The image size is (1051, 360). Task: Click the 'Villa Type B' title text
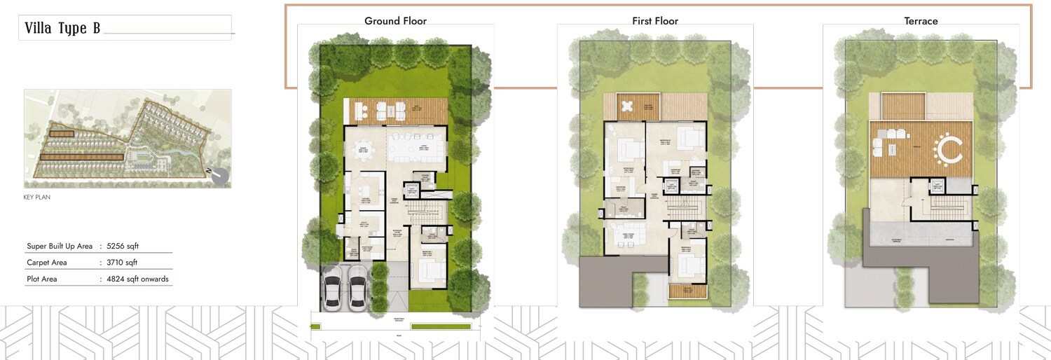(x=62, y=28)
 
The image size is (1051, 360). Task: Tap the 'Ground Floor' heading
(x=395, y=21)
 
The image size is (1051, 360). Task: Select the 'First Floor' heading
(x=655, y=21)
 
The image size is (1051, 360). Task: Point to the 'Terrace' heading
(x=921, y=21)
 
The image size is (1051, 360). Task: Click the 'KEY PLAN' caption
(x=37, y=198)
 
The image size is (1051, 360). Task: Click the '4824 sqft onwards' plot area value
(x=137, y=279)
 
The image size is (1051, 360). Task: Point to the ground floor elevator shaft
(x=411, y=191)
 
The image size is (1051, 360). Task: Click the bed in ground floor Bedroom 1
(x=430, y=268)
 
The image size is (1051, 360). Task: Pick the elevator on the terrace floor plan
(x=937, y=186)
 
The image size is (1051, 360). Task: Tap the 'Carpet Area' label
(x=47, y=263)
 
